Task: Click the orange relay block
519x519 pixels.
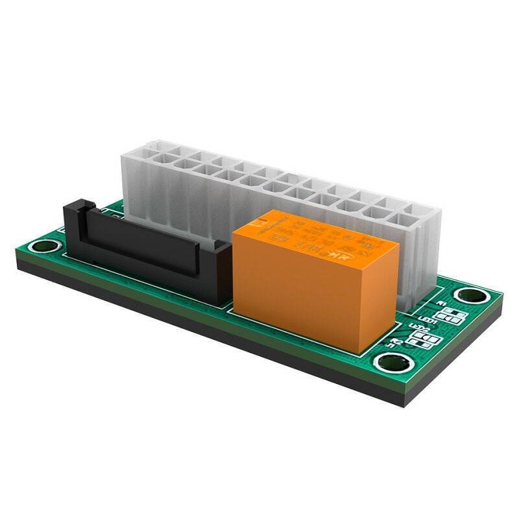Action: (311, 272)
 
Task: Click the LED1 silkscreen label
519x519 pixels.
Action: (428, 320)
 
